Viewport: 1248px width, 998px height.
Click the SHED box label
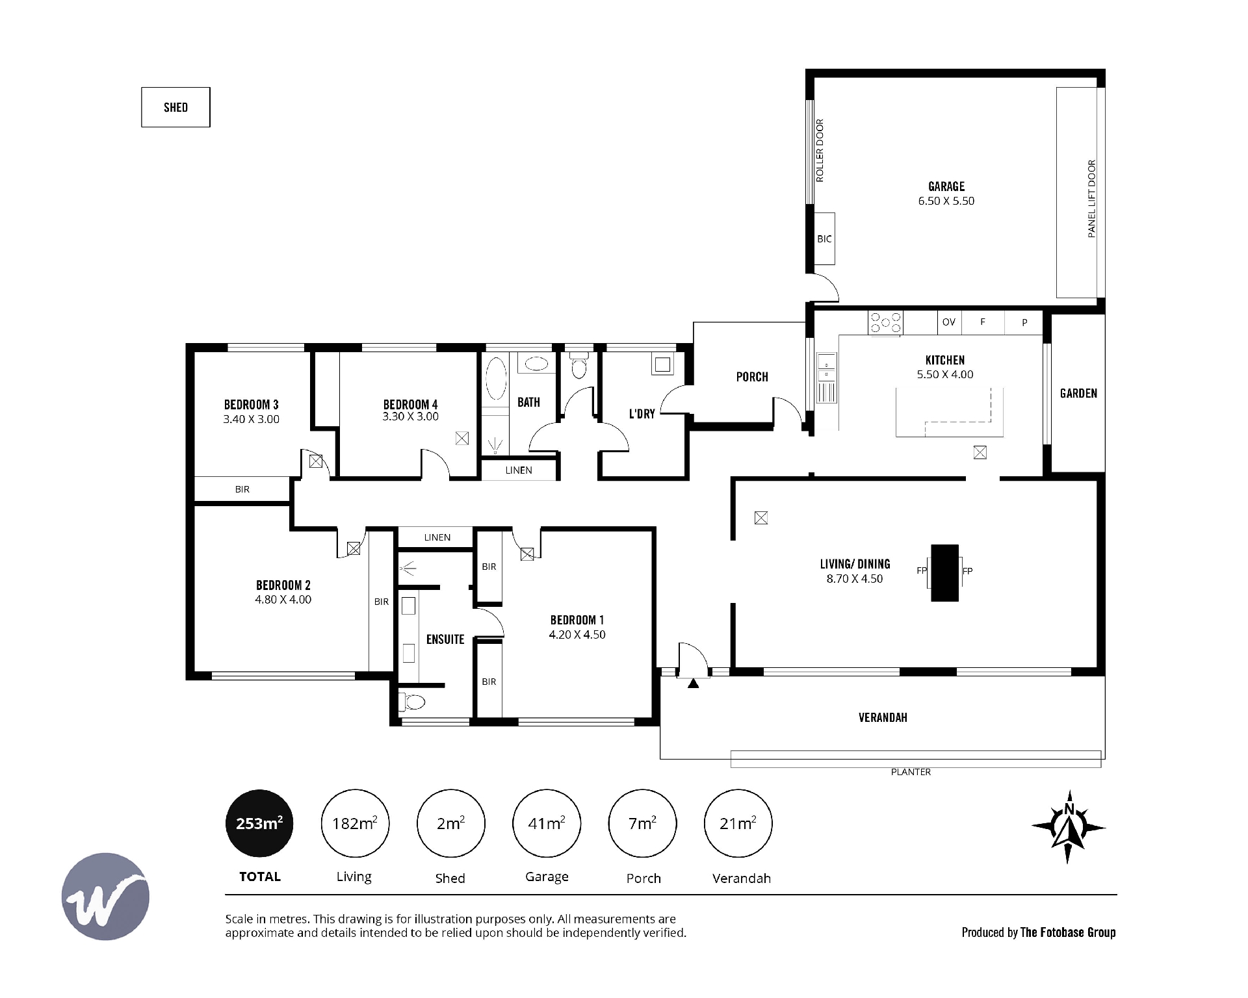click(x=175, y=107)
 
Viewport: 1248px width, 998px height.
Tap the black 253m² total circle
click(x=259, y=823)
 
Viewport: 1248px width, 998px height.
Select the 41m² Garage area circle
click(x=547, y=823)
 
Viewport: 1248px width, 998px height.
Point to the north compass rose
click(x=1068, y=826)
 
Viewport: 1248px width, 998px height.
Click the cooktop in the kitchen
click(x=886, y=323)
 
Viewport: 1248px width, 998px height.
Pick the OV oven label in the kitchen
click(x=949, y=322)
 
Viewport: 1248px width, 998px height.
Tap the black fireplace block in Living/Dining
click(x=945, y=572)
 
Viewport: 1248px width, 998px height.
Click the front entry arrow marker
click(x=694, y=683)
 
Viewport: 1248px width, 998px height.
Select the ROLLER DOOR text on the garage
click(x=820, y=150)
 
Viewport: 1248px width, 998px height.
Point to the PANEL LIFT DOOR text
click(x=1091, y=198)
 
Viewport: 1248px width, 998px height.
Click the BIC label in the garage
click(x=824, y=239)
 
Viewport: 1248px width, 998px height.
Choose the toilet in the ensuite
click(x=411, y=702)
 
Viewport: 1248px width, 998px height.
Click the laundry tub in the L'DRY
click(x=662, y=364)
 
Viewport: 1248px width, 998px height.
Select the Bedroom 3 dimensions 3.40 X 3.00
click(x=251, y=419)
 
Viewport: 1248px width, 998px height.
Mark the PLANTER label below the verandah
click(x=911, y=772)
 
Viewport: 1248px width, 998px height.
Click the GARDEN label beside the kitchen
click(x=1078, y=393)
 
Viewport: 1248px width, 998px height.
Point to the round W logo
click(x=105, y=896)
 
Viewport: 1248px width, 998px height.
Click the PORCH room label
click(x=752, y=377)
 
